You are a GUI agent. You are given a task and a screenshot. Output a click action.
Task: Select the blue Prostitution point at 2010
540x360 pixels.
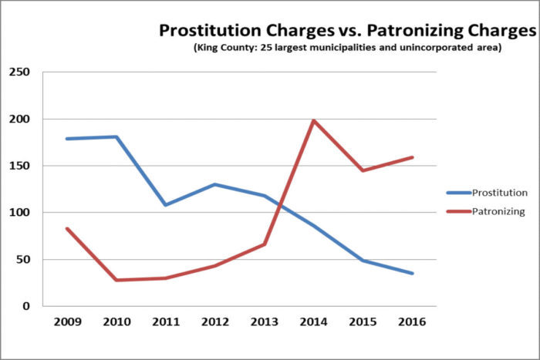[116, 137]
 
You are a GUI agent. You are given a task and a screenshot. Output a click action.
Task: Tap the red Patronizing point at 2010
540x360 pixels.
[116, 280]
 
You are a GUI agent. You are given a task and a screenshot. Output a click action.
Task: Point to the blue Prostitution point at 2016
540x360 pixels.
[413, 274]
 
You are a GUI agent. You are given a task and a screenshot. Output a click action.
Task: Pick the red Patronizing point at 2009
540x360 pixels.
[67, 228]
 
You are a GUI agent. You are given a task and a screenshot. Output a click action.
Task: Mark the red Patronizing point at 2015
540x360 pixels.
[363, 170]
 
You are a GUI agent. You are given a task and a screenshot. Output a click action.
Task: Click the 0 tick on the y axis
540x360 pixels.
[27, 306]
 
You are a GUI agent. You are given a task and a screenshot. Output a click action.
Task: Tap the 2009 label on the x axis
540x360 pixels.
[67, 321]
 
